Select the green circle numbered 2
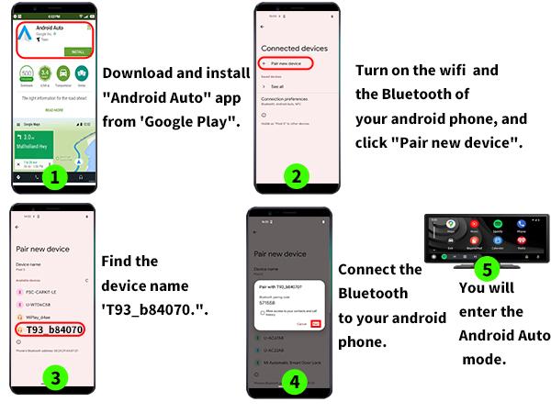pos(295,175)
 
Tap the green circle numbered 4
pos(294,382)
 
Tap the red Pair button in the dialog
pos(316,323)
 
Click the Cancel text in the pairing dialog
pos(301,323)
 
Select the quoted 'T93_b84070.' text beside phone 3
pos(156,310)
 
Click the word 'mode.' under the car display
pos(485,360)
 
